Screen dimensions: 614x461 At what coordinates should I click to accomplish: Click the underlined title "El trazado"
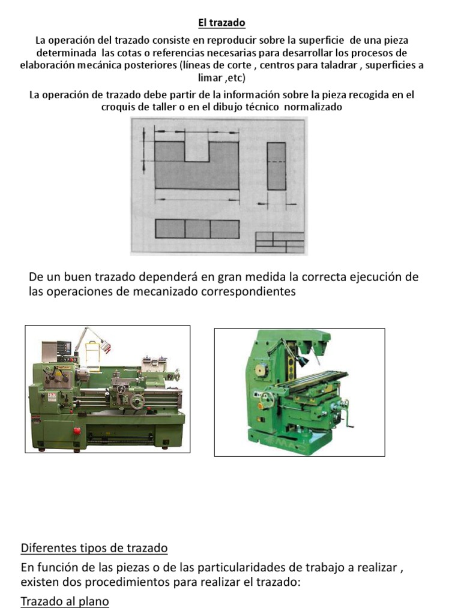coord(222,23)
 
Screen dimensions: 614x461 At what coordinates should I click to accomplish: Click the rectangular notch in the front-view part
coord(196,151)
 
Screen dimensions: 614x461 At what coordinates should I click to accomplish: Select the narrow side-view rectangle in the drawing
coord(276,166)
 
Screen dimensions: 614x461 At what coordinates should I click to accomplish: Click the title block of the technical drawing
coord(279,241)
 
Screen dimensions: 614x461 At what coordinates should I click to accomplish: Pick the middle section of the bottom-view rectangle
coord(197,229)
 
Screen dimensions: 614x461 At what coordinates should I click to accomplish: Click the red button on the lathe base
coord(76,432)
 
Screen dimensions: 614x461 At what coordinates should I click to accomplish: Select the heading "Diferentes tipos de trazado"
coord(94,548)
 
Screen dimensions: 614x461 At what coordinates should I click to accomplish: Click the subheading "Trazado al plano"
coord(65,601)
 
